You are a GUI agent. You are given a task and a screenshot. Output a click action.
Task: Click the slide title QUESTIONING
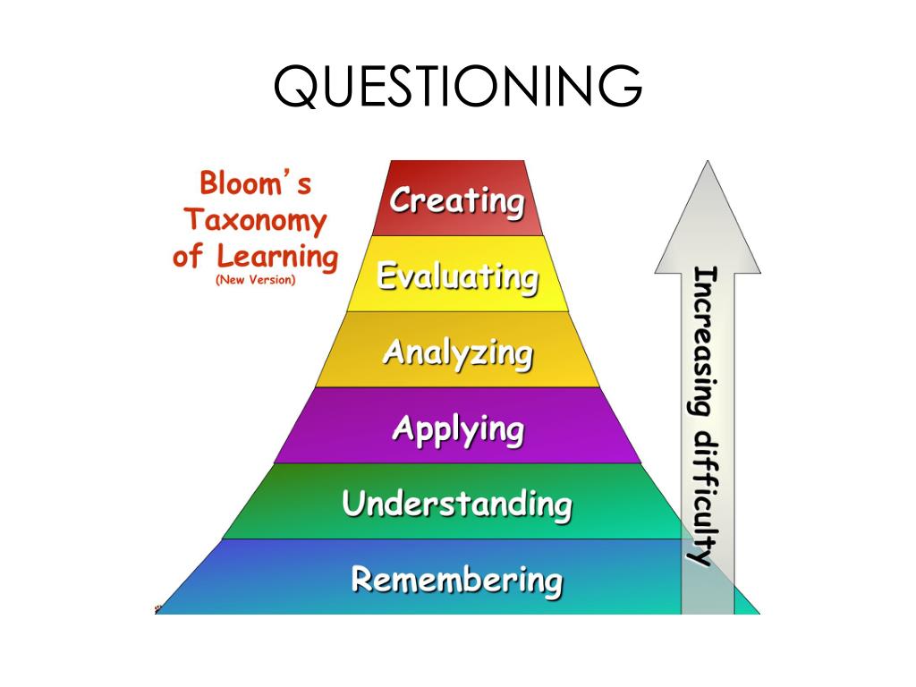coord(457,86)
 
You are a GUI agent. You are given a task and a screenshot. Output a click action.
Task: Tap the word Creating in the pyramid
coord(457,200)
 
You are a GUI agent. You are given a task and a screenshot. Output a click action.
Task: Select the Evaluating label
coord(457,276)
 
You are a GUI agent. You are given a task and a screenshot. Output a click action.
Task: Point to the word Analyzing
coord(457,352)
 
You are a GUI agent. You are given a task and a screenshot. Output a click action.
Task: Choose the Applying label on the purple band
coord(457,429)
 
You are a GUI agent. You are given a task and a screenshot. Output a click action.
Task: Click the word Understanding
coord(456,505)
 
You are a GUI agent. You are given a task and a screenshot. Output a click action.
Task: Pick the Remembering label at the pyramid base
coord(456,580)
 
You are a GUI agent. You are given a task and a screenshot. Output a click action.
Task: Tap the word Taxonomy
coord(256,220)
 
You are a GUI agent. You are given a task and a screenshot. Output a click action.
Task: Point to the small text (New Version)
coord(256,280)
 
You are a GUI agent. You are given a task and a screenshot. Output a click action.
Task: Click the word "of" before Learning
coord(188,258)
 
